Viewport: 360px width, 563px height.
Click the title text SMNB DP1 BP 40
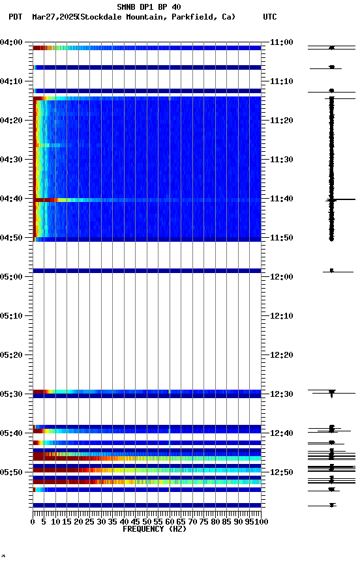(x=149, y=7)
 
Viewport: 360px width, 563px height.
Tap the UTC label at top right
(x=269, y=17)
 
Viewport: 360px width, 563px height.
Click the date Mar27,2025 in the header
(x=53, y=17)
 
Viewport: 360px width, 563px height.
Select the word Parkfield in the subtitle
(x=194, y=17)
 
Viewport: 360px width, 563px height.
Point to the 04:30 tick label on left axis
(x=12, y=160)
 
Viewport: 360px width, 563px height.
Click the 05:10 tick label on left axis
(x=12, y=316)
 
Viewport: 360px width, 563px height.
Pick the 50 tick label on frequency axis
(x=147, y=522)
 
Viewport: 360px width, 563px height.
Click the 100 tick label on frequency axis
(x=260, y=522)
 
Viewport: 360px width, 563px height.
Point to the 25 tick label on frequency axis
(x=89, y=522)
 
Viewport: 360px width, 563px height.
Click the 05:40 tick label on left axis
(x=12, y=433)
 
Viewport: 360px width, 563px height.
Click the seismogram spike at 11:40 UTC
(x=332, y=199)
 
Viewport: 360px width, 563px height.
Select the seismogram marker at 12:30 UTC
(x=332, y=392)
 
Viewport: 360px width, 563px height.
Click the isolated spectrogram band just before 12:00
(x=147, y=270)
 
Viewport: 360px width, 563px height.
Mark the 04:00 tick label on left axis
(x=12, y=42)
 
